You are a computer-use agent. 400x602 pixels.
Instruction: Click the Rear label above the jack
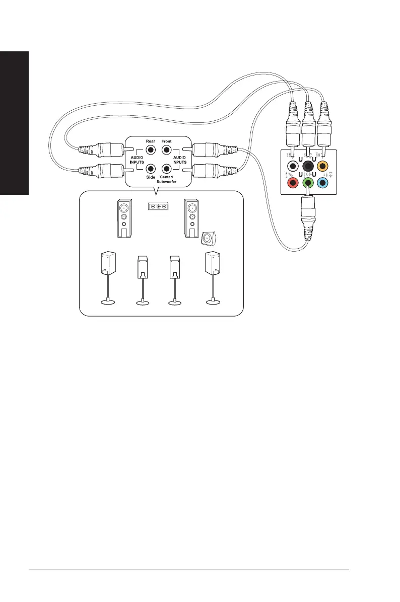click(150, 141)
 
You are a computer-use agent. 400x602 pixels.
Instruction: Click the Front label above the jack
click(166, 141)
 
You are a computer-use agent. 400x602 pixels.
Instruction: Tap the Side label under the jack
click(150, 177)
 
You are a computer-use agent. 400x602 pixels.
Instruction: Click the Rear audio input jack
click(150, 149)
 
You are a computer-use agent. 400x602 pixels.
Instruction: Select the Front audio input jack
click(166, 149)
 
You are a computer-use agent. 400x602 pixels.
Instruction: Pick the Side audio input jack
click(150, 169)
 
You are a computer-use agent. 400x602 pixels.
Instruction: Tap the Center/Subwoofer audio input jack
click(166, 169)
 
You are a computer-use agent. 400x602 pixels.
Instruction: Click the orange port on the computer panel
click(325, 166)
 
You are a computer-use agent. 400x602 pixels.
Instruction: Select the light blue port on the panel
click(325, 183)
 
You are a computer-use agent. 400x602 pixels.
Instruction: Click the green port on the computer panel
click(308, 183)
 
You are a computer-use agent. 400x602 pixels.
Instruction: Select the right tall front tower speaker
click(191, 218)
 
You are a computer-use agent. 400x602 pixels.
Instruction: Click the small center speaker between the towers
click(158, 206)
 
